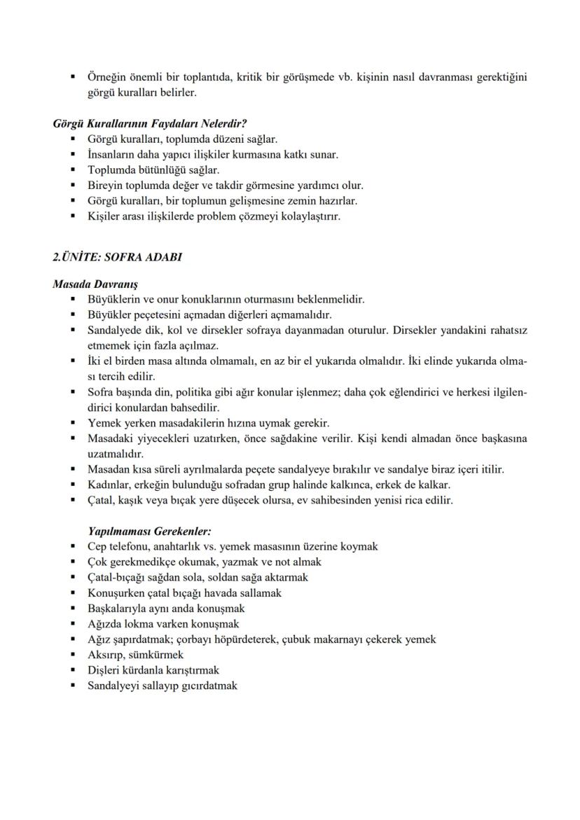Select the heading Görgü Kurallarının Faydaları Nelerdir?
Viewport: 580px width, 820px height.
point(149,123)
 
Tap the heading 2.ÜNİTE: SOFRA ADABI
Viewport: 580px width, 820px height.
point(117,257)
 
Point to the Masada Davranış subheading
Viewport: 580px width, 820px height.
point(95,284)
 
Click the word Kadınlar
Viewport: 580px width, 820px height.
point(109,485)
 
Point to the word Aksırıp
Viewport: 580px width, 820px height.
point(106,655)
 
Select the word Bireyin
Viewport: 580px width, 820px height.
point(104,186)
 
